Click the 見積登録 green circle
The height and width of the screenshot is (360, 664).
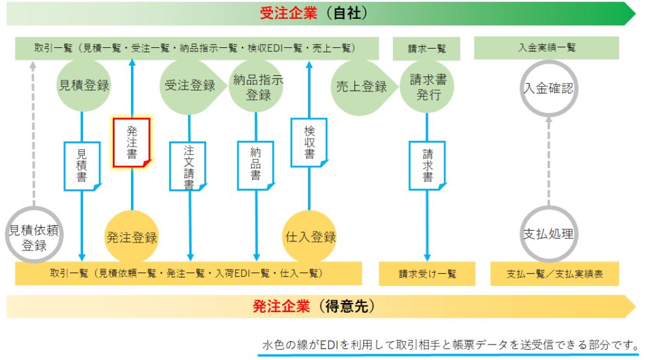coord(84,86)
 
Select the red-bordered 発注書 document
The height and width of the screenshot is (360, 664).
coord(132,143)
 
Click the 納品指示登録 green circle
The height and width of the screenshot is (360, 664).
coord(256,86)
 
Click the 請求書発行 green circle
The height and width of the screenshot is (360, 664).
coord(427,87)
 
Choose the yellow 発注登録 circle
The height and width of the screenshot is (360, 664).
coord(132,237)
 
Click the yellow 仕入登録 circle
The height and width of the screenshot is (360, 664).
coord(309,237)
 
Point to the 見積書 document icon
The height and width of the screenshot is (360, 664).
coord(82,166)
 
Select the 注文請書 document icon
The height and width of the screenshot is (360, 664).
coord(189,166)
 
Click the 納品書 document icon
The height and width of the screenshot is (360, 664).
coord(255,165)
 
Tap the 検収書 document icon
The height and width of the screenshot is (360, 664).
coord(309,143)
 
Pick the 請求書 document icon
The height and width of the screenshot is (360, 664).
coord(427,165)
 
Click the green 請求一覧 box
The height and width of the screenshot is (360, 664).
coord(427,49)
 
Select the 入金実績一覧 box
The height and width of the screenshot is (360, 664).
coord(547,48)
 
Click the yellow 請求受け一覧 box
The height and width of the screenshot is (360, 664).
coord(427,274)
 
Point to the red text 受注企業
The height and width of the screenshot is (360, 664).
coord(289,13)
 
